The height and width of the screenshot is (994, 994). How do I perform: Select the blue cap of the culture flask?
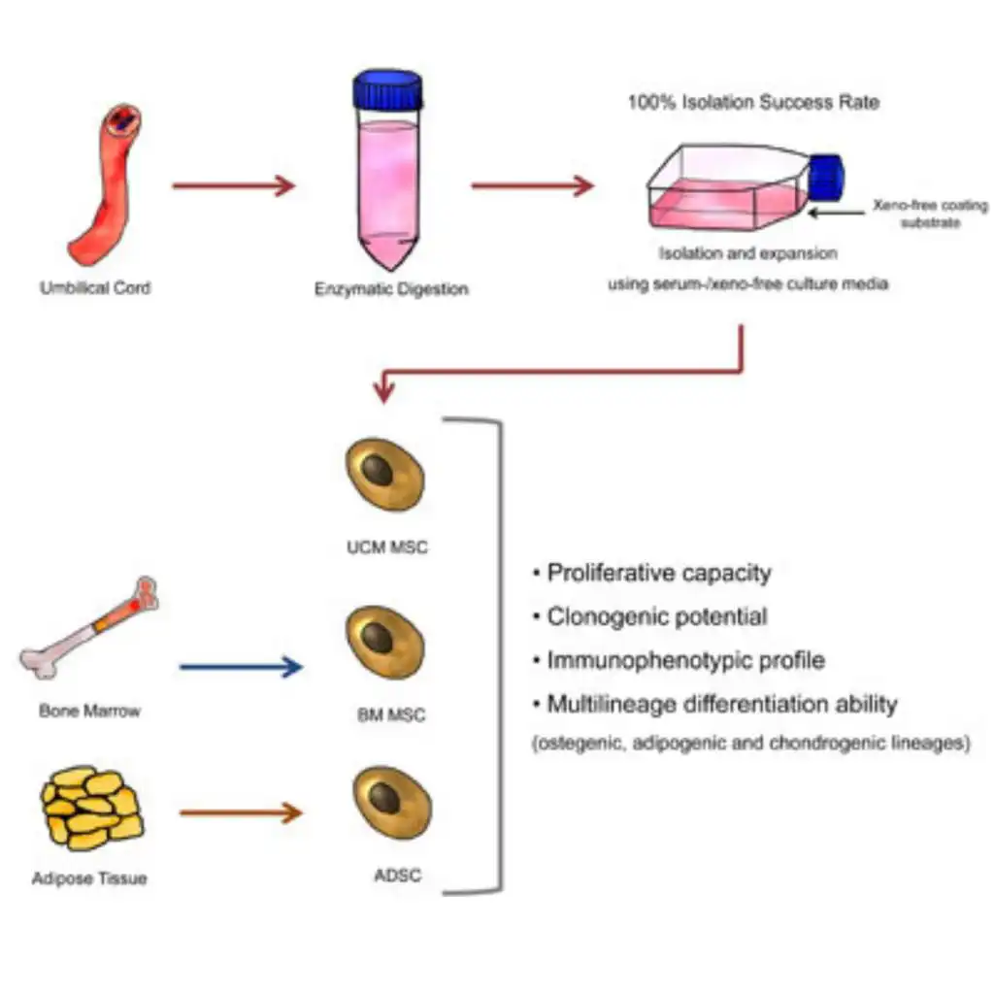[x=827, y=178]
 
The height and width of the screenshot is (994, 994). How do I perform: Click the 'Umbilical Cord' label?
[x=95, y=288]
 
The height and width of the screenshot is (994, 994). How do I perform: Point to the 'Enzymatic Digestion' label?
[x=391, y=289]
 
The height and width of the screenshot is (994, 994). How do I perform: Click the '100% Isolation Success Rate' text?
[x=753, y=102]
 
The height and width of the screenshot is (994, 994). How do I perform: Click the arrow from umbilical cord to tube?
[x=233, y=185]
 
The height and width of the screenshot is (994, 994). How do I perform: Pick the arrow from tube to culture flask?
[x=532, y=185]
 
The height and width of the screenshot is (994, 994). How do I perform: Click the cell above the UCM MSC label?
[x=385, y=474]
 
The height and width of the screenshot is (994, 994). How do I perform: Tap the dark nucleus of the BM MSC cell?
[x=379, y=641]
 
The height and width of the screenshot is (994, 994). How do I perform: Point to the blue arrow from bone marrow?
[x=241, y=667]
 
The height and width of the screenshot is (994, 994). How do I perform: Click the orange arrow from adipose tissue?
[x=241, y=812]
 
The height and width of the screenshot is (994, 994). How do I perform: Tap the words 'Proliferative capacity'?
[x=658, y=573]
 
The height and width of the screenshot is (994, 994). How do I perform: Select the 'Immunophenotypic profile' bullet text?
[x=685, y=660]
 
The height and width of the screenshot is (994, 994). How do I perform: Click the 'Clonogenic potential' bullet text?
[x=656, y=616]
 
